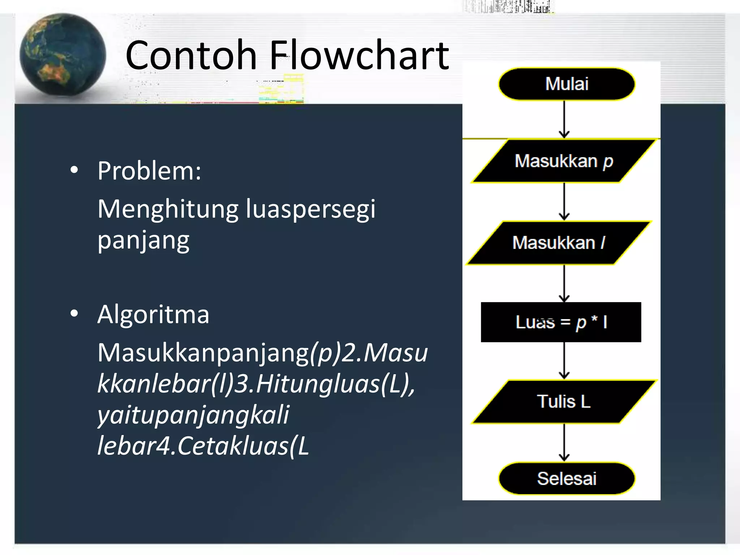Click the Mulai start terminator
click(567, 84)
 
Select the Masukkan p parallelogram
click(564, 161)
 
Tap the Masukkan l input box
click(559, 243)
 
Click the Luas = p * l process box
click(561, 322)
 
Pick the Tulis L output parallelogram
click(564, 401)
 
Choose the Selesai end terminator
click(567, 478)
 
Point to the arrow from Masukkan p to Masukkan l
click(564, 201)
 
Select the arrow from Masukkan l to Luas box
click(564, 283)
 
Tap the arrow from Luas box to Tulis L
click(564, 360)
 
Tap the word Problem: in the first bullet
click(149, 171)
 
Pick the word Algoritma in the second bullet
click(153, 314)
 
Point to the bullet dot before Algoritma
click(74, 314)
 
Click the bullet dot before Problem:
click(74, 170)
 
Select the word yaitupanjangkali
click(193, 415)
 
